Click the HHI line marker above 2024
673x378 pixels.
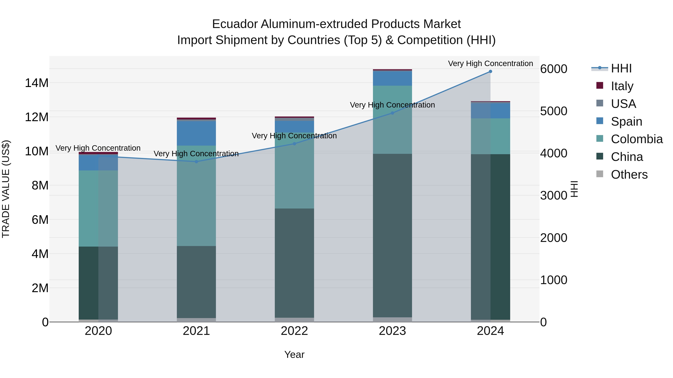[x=490, y=71]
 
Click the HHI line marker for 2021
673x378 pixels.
[x=196, y=162]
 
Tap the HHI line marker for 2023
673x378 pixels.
[x=392, y=113]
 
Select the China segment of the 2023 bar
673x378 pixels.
[x=392, y=235]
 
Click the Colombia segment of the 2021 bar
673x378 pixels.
[x=196, y=196]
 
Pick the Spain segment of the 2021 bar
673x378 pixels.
[x=196, y=133]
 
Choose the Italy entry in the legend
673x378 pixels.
[x=622, y=86]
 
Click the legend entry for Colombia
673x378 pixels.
[x=636, y=139]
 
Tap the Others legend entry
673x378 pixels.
[x=629, y=175]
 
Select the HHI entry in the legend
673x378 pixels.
[x=621, y=68]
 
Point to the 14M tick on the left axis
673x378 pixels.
[x=37, y=83]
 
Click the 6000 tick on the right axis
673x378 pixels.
[x=553, y=69]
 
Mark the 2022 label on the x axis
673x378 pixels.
[x=294, y=331]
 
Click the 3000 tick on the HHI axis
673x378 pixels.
[x=553, y=195]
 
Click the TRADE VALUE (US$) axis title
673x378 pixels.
[x=6, y=189]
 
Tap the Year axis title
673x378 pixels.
[x=294, y=354]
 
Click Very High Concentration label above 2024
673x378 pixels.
[x=490, y=63]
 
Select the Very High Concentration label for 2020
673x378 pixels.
[x=98, y=148]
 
